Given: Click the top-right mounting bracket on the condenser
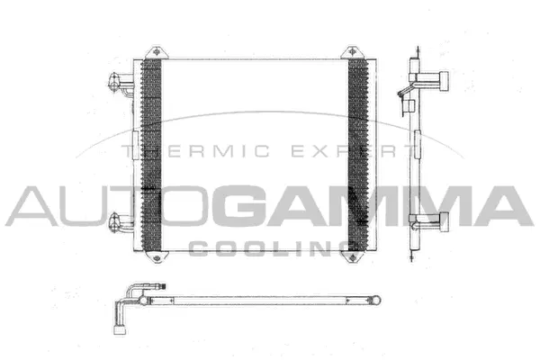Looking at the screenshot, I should coord(352,51).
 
